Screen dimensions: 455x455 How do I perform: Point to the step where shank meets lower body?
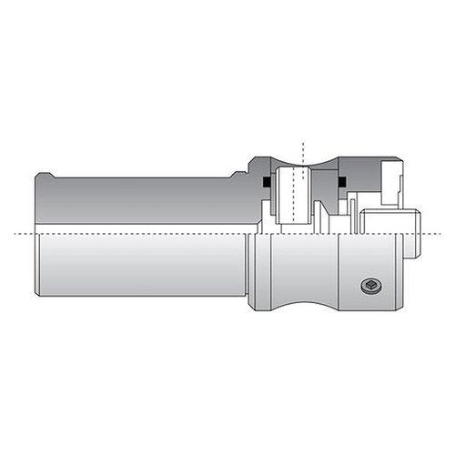[x=251, y=264]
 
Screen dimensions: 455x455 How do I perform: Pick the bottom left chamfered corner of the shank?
[x=39, y=293]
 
